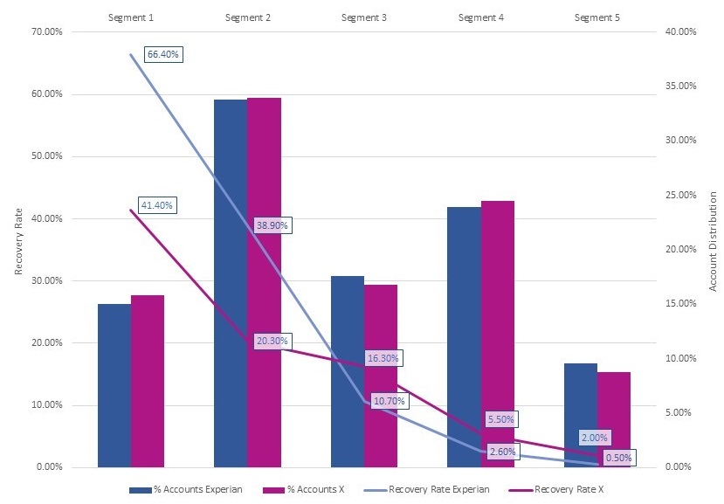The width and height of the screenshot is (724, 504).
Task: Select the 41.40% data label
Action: [x=157, y=205]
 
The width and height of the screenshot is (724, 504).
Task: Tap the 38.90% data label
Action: [x=272, y=225]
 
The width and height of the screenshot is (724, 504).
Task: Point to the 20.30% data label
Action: [x=272, y=340]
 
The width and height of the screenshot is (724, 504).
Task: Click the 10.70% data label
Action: [x=389, y=401]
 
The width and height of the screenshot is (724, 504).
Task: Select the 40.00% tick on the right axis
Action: [x=679, y=32]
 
